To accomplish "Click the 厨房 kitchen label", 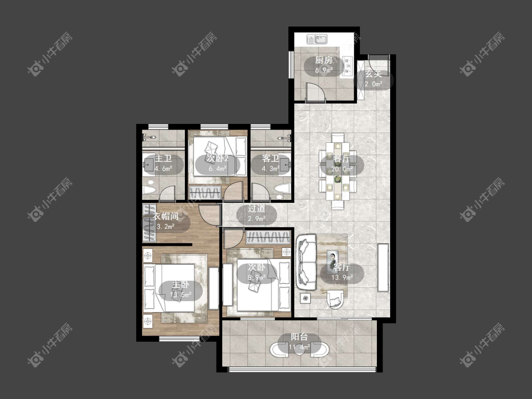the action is coord(323,61).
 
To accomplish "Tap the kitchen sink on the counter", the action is coord(317,39).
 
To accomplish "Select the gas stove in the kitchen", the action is coord(347,66).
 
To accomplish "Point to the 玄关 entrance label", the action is coord(373,74).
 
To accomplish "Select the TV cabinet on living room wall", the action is coord(383,268).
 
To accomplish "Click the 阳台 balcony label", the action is coord(299,337).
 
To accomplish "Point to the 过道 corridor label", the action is coord(256,208).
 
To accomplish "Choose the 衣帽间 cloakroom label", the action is coord(166,216).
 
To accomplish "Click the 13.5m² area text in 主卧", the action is coord(181,295).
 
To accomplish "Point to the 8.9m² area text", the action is coord(256,278).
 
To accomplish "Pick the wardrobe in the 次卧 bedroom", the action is coord(268,237).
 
